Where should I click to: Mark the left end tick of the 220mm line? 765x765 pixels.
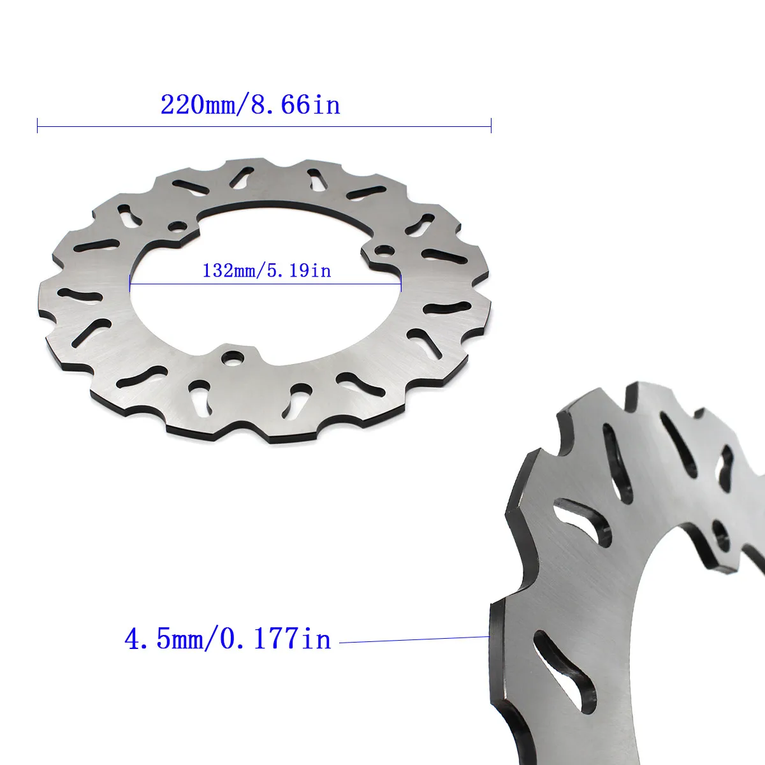click(x=38, y=126)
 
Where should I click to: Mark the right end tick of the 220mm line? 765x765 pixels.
click(x=491, y=126)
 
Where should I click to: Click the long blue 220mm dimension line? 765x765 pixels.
click(x=265, y=126)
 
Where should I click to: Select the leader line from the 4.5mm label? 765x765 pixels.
click(x=414, y=639)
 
